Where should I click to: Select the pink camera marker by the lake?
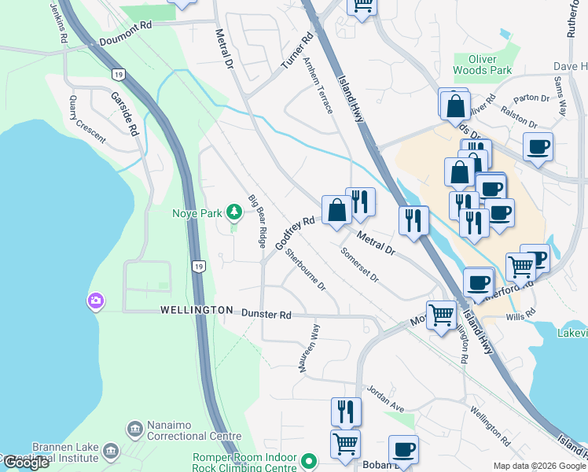(96, 301)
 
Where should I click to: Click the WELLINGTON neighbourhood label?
(197, 310)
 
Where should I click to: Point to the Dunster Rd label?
(266, 314)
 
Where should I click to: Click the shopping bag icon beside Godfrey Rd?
(336, 211)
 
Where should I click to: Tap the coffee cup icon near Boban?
(404, 450)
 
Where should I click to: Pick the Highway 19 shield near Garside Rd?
(116, 74)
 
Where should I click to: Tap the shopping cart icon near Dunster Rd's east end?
(442, 314)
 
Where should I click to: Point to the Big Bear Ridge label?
(257, 222)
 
